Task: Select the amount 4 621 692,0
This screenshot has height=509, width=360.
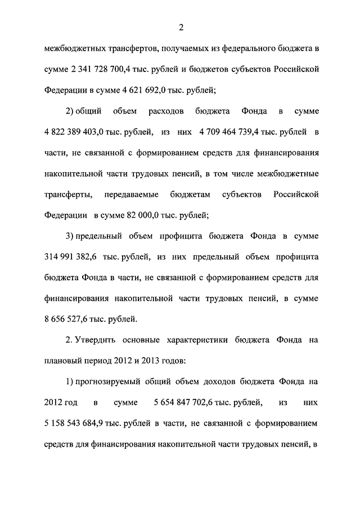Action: (144, 89)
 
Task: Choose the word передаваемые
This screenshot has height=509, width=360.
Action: (130, 194)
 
